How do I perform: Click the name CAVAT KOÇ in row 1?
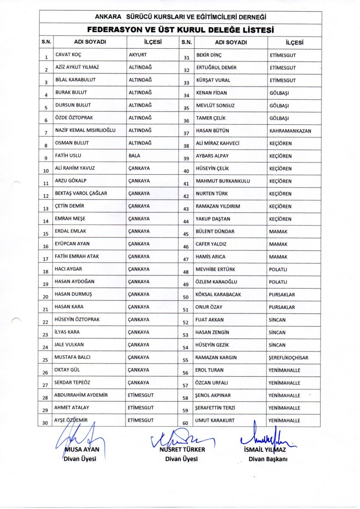click(x=68, y=55)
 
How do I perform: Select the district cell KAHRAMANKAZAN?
click(x=290, y=131)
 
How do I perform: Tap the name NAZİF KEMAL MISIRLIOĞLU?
click(x=85, y=131)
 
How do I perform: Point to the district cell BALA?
click(x=134, y=156)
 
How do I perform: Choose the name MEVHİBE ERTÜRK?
click(x=215, y=269)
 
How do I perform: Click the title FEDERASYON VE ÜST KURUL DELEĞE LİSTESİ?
click(x=180, y=30)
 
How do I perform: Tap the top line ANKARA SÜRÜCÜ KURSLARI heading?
click(x=180, y=17)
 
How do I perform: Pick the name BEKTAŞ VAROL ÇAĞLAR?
click(x=81, y=193)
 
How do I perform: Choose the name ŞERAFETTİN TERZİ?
click(x=215, y=408)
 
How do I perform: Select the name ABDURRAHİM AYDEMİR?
click(x=81, y=395)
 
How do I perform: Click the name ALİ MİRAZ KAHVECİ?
click(x=217, y=143)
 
